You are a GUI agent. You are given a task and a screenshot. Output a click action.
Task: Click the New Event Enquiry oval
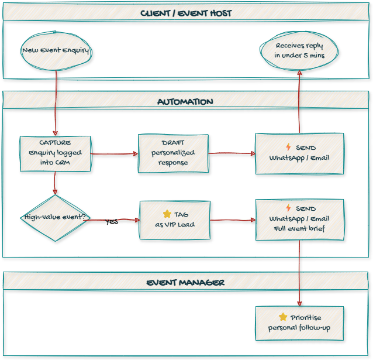pos(56,50)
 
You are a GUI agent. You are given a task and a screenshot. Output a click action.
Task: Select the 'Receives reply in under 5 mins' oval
pos(299,50)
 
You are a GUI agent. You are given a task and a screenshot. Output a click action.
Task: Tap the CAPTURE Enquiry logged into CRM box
pos(56,154)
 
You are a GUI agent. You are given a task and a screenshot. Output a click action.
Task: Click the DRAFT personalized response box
pos(173,153)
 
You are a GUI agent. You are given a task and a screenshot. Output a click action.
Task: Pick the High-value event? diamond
pos(55,218)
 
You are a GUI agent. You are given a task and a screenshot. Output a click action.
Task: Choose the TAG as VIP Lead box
pos(174,220)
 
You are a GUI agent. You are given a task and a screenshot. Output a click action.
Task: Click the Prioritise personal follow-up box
pos(299,323)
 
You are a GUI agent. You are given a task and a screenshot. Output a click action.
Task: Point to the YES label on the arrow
pos(112,222)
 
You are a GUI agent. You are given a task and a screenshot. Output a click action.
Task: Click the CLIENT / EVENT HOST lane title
pos(186,13)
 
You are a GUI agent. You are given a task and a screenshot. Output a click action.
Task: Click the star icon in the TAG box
pos(167,214)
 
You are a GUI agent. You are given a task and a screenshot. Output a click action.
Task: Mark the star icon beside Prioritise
pos(283,317)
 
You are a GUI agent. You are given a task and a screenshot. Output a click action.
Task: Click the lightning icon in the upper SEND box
pos(288,148)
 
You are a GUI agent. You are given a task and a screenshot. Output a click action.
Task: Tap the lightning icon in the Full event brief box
pos(288,208)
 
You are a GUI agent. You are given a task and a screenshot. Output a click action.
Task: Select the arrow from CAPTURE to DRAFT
pos(114,154)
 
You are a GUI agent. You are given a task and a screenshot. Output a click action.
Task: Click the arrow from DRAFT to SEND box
pos(232,153)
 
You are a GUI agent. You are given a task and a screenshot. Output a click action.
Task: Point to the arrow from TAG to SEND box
pos(233,220)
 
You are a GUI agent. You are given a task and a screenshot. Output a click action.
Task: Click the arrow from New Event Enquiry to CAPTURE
pos(56,102)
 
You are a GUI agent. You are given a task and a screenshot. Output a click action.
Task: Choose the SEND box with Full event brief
pos(299,220)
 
